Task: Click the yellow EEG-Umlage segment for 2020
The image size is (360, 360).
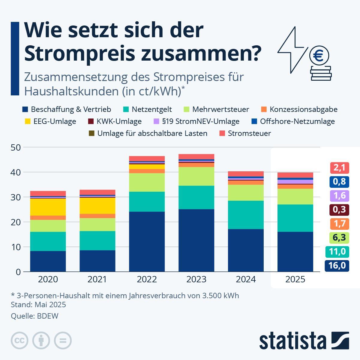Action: [48, 207]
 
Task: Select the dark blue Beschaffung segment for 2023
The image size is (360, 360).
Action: [196, 240]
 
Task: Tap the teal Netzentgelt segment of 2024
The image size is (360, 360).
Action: [246, 215]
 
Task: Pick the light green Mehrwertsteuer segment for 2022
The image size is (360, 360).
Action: [147, 182]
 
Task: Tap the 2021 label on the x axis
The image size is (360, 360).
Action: [97, 280]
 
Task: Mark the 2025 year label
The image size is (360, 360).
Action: [295, 280]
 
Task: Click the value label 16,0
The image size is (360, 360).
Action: [337, 265]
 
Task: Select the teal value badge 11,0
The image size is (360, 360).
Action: [337, 251]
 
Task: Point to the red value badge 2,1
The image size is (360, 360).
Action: [339, 168]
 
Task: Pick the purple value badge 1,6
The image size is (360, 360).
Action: [339, 196]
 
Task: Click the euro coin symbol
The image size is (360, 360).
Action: [319, 56]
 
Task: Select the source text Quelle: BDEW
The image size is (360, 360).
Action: [34, 316]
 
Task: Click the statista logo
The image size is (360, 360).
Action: [304, 341]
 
